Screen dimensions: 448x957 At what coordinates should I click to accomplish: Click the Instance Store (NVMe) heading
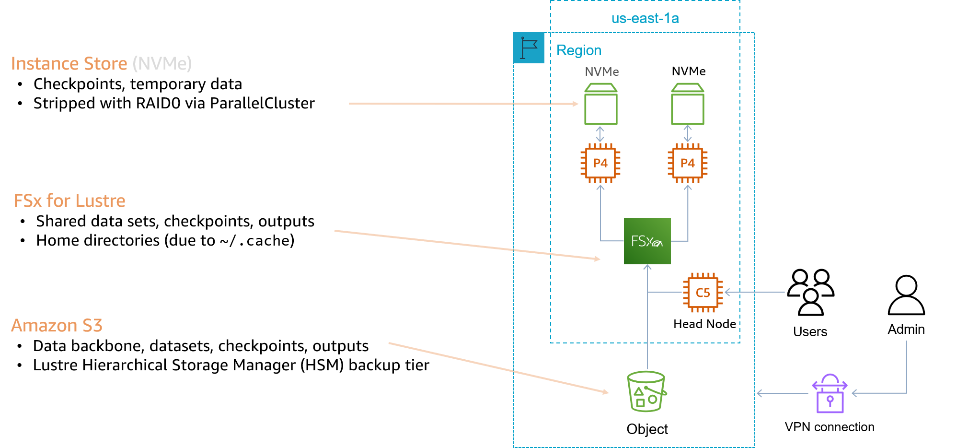click(x=101, y=64)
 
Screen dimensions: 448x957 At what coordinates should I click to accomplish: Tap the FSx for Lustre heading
click(x=69, y=200)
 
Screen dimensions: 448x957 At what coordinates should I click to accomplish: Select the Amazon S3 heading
click(x=57, y=326)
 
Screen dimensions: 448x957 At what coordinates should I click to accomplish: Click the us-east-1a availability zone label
click(x=645, y=19)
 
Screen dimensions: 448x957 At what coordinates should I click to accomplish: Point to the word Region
click(x=579, y=50)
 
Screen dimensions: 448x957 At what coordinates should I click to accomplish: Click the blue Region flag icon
click(x=529, y=48)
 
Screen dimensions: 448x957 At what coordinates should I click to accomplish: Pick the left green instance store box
click(x=600, y=104)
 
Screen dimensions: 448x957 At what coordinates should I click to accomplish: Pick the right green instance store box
click(x=688, y=104)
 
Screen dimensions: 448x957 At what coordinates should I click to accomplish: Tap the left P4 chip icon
click(x=600, y=163)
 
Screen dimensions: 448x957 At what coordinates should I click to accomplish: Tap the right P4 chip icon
click(x=688, y=163)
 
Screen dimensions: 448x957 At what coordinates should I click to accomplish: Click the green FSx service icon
click(x=647, y=241)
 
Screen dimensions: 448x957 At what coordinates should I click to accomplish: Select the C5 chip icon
click(x=703, y=293)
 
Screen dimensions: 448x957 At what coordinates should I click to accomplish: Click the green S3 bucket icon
click(x=646, y=391)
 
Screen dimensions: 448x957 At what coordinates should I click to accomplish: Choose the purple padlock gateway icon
click(x=830, y=394)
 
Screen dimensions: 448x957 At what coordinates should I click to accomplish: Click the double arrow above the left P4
click(x=600, y=134)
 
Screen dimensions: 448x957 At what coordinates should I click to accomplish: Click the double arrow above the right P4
click(x=688, y=134)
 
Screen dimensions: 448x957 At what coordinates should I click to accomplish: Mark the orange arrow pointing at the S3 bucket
click(x=498, y=367)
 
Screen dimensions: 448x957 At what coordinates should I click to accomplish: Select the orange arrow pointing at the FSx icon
click(x=467, y=245)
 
